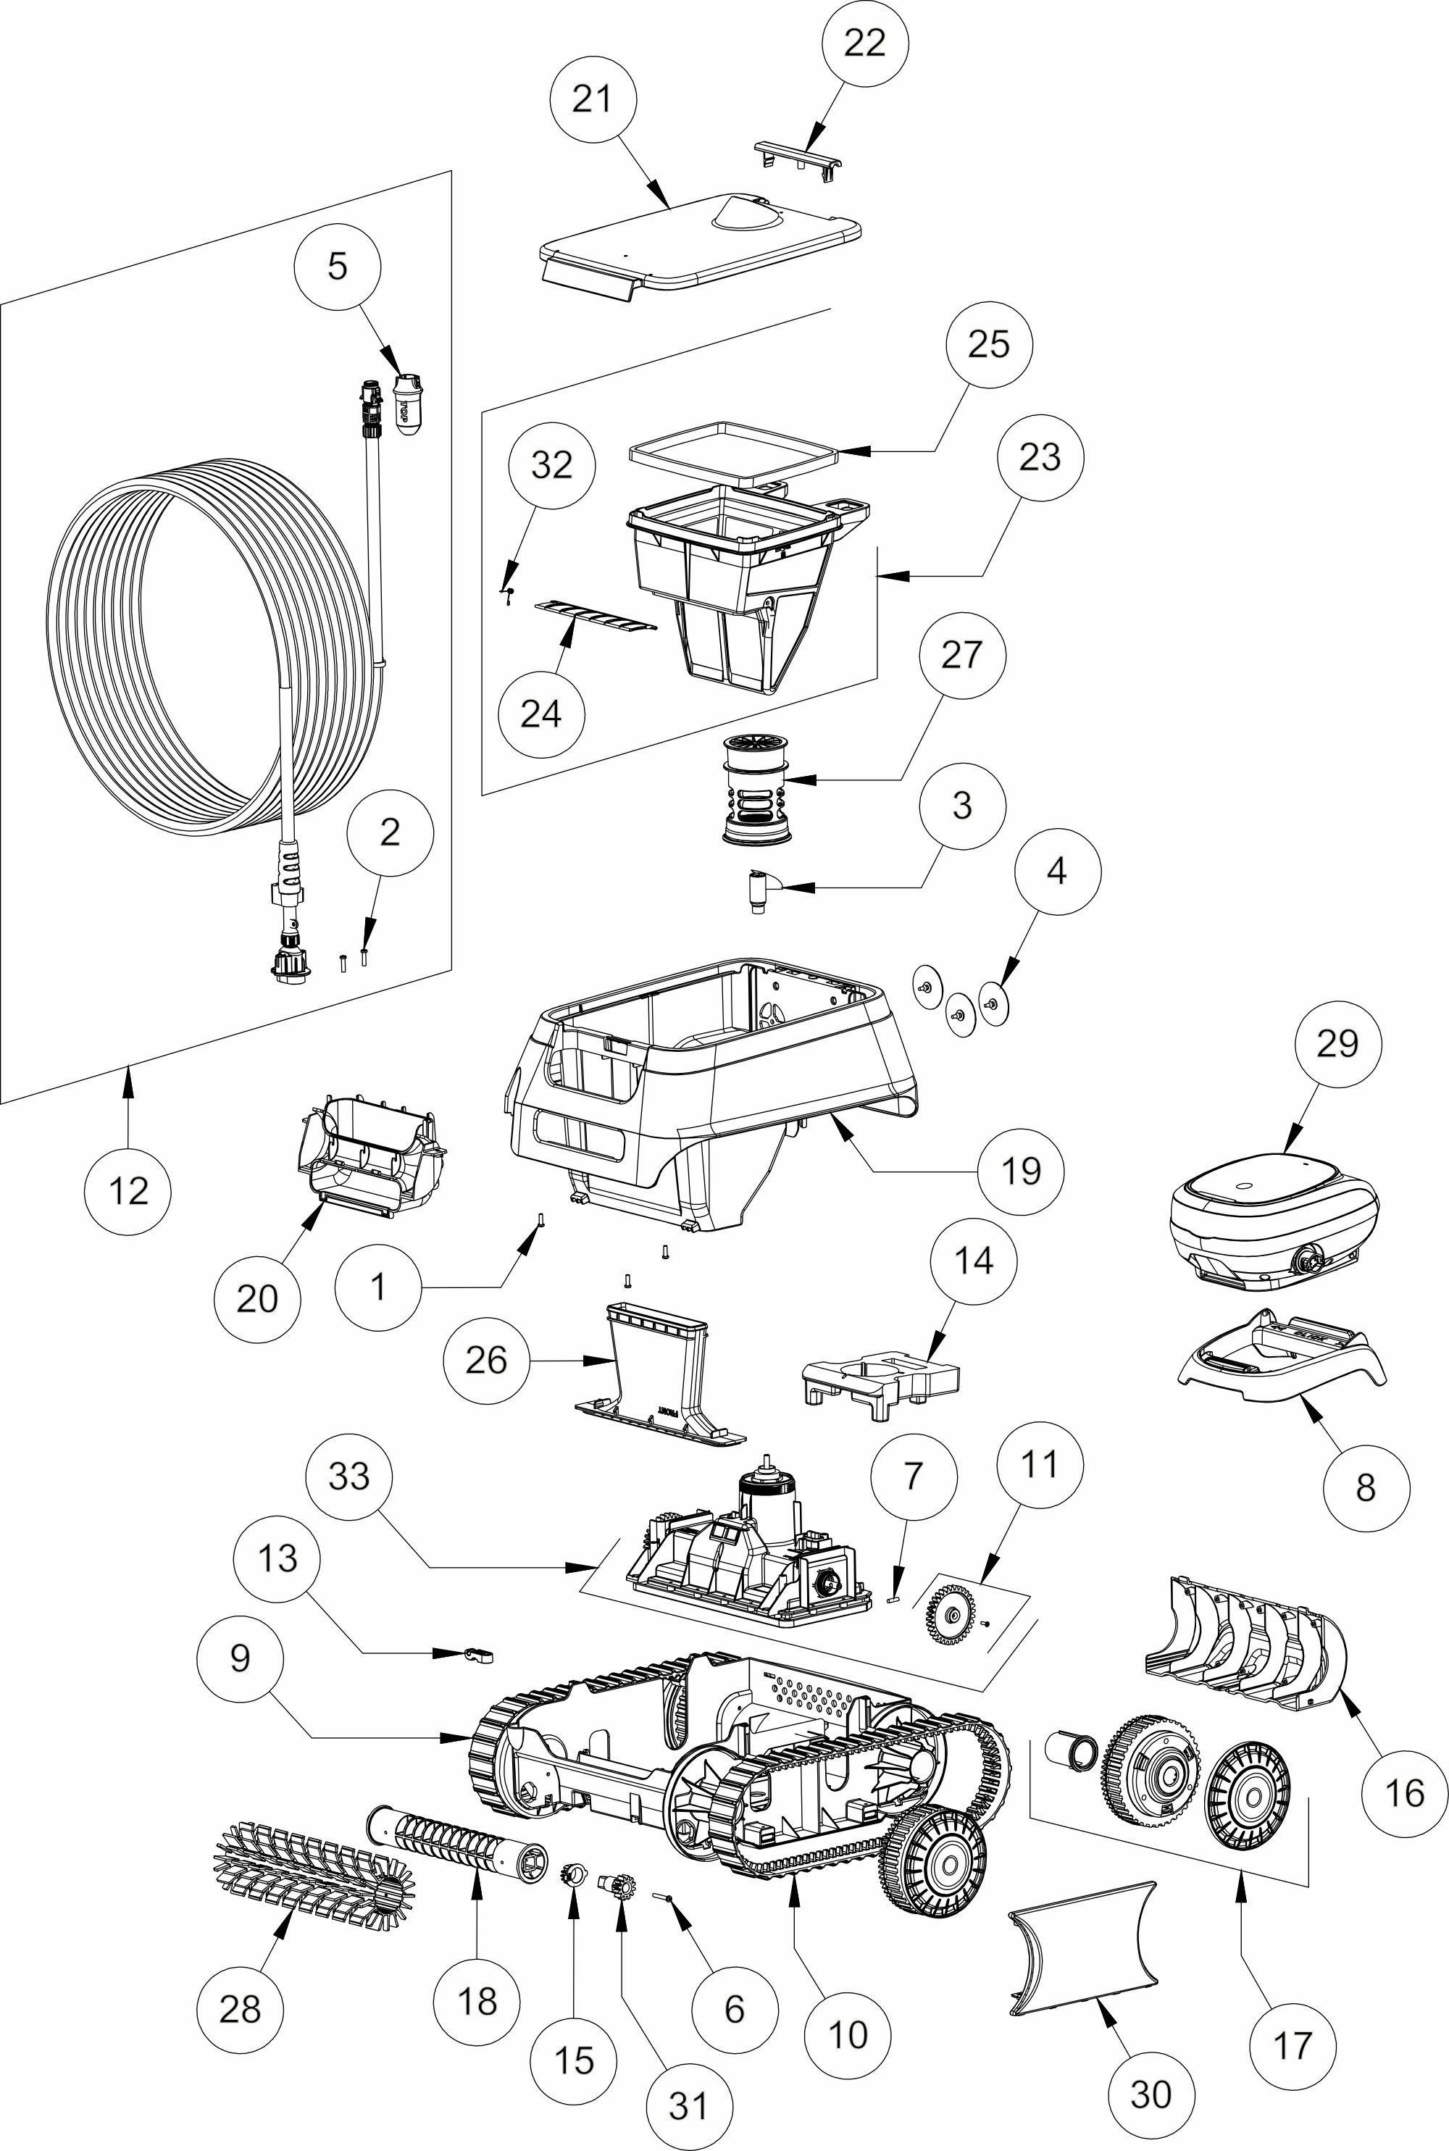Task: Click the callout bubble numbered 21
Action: (x=593, y=99)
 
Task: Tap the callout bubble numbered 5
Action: (x=338, y=266)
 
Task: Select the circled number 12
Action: (x=128, y=1191)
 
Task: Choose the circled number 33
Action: (x=348, y=1476)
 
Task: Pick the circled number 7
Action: (x=913, y=1476)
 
